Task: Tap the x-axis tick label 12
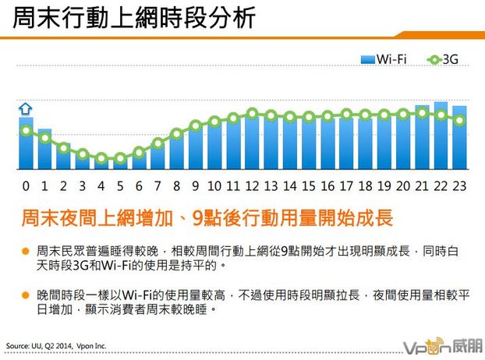tap(251, 186)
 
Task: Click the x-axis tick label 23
tap(459, 186)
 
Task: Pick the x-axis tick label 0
tap(26, 186)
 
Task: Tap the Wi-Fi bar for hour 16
tap(327, 144)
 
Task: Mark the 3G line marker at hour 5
tap(120, 159)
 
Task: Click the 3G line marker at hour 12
tap(252, 114)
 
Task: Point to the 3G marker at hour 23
tap(459, 120)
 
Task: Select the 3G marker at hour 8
tap(176, 133)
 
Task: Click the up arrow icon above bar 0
tap(24, 108)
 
